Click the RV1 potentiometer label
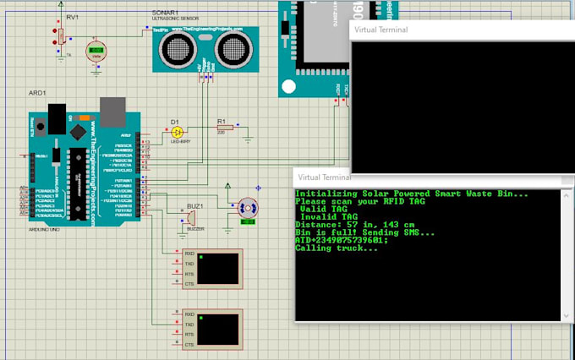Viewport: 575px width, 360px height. pyautogui.click(x=72, y=17)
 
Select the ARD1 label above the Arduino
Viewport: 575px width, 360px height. pyautogui.click(x=37, y=94)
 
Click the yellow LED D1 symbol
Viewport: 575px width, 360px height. pyautogui.click(x=177, y=132)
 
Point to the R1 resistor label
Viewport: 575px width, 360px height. pyautogui.click(x=222, y=121)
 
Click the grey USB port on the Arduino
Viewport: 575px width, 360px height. pyautogui.click(x=112, y=107)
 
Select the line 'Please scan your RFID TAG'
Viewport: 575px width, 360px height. pyautogui.click(x=361, y=202)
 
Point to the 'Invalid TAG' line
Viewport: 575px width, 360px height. pyautogui.click(x=327, y=217)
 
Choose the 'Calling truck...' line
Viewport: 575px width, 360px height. pyautogui.click(x=337, y=248)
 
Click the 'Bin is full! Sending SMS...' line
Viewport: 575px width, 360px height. pyautogui.click(x=365, y=232)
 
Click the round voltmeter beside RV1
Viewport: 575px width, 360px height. pyautogui.click(x=98, y=51)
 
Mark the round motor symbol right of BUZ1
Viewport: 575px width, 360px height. pyautogui.click(x=247, y=208)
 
